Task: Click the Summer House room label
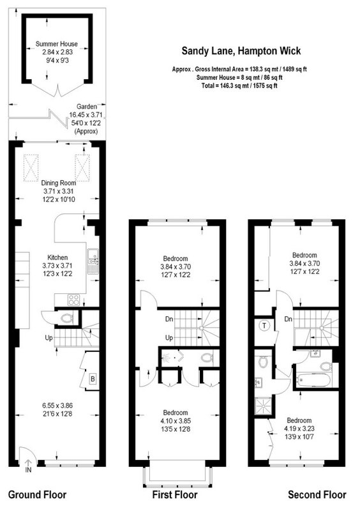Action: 57,43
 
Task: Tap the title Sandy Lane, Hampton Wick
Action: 241,51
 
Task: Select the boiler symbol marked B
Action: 93,379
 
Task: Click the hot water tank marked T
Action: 264,326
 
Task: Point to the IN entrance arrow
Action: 28,466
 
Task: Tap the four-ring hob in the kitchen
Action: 73,300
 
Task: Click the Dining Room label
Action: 59,183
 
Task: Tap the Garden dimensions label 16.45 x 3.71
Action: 86,115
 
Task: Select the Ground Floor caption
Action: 37,494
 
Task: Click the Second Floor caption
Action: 317,494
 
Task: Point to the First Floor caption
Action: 175,494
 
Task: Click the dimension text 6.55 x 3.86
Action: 57,406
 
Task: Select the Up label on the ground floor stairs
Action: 49,338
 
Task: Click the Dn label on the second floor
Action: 289,319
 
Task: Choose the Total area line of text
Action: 239,86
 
